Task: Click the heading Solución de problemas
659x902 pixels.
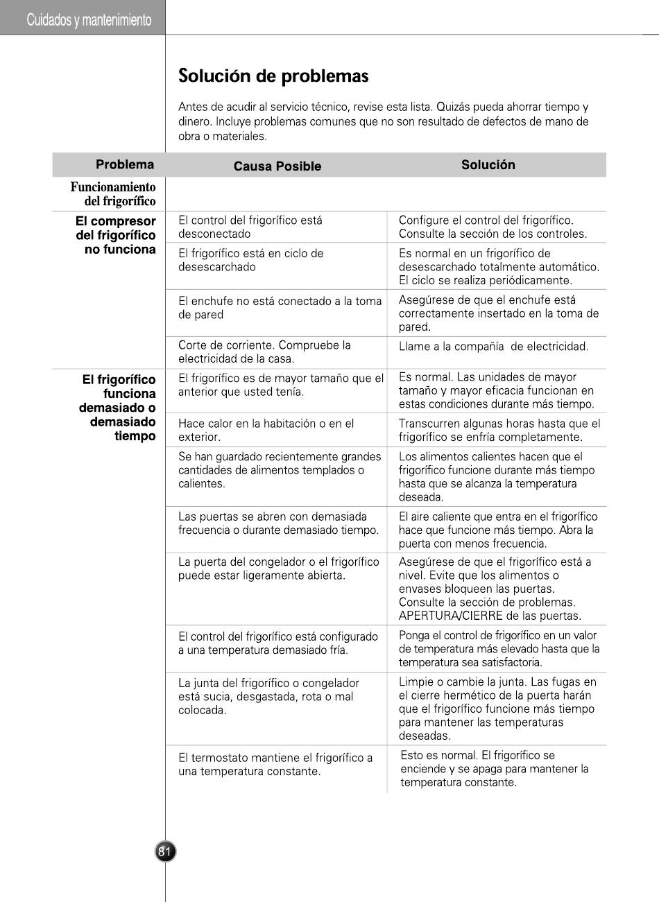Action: click(273, 76)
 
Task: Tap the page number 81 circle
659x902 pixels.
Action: click(165, 852)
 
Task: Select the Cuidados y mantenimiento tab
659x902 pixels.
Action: click(89, 20)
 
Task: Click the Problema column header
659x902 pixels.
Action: click(125, 164)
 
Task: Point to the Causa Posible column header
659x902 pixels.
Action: click(277, 166)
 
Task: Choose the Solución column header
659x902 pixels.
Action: click(488, 165)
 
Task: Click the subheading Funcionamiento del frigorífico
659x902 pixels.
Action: click(112, 194)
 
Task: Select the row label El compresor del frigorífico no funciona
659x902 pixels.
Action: click(115, 235)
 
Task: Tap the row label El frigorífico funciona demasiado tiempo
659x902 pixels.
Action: click(118, 408)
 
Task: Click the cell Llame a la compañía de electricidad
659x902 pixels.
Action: click(493, 347)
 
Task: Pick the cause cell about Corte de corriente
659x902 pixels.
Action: click(264, 352)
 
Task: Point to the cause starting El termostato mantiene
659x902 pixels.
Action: click(275, 765)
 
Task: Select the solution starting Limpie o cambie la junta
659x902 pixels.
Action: click(497, 709)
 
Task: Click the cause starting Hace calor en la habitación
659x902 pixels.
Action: click(266, 430)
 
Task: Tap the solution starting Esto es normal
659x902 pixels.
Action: click(494, 769)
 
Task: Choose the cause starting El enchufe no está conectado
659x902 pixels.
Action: click(280, 308)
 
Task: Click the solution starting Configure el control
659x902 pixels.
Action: click(493, 227)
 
